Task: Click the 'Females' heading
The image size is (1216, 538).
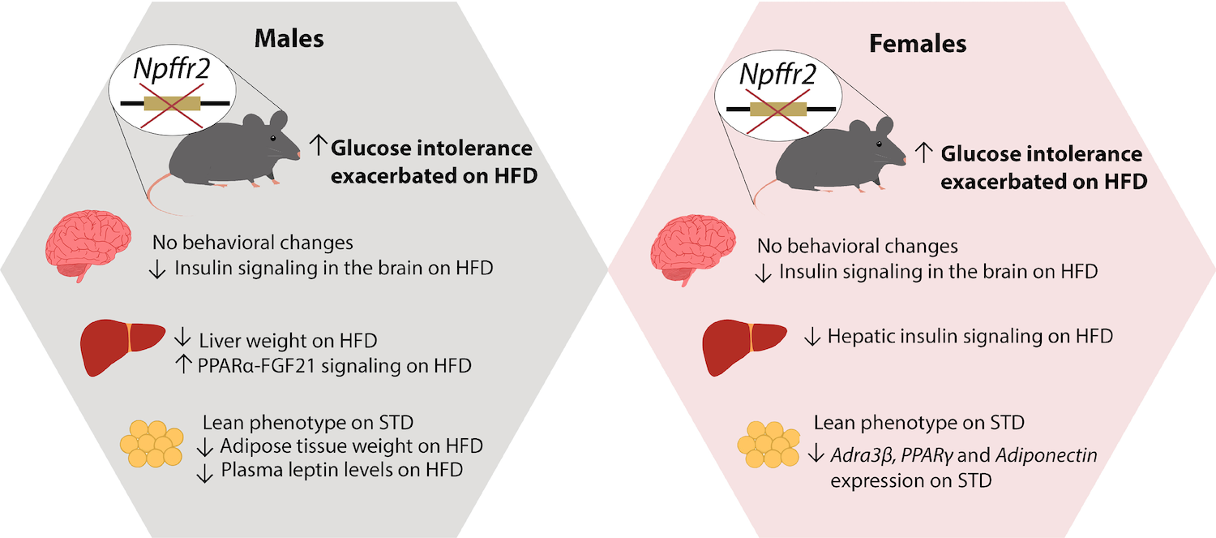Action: (918, 43)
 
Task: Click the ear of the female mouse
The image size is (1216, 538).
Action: (880, 128)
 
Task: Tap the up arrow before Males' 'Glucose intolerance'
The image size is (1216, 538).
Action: (317, 148)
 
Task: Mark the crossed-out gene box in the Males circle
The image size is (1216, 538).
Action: (172, 104)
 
